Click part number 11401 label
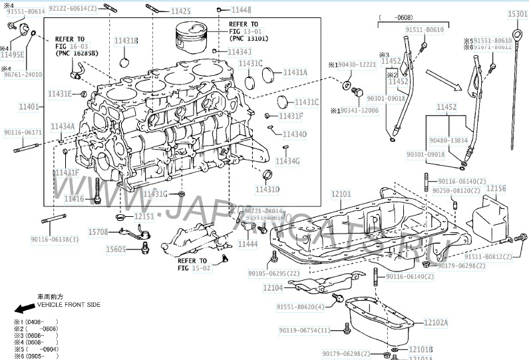pos(29,106)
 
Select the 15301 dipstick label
pos(517,14)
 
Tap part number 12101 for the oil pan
pos(341,194)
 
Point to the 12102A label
pos(436,323)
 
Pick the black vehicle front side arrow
pos(24,309)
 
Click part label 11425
pos(180,11)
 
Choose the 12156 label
pos(495,189)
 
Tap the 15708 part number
pos(98,232)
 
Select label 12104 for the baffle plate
pos(273,287)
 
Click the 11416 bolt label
pos(74,198)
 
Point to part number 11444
pos(247,245)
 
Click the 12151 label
pos(144,216)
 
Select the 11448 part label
pos(241,11)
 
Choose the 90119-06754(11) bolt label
pos(304,330)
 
